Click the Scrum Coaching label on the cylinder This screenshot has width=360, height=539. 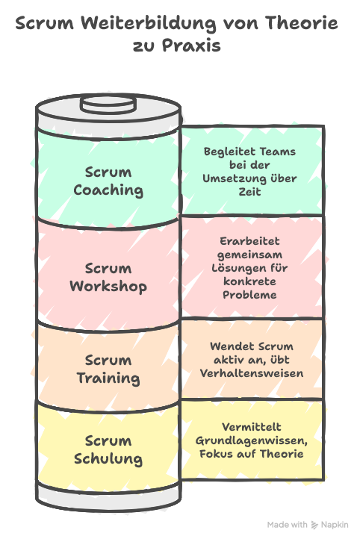pyautogui.click(x=108, y=181)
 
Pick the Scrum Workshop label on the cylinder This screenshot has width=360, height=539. pyautogui.click(x=108, y=277)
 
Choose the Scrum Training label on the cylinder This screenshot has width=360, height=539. pyautogui.click(x=108, y=370)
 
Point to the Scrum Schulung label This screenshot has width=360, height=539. pyautogui.click(x=108, y=449)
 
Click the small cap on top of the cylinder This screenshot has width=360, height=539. pyautogui.click(x=108, y=102)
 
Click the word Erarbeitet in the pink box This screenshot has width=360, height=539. pyautogui.click(x=249, y=241)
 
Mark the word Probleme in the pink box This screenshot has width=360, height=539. pyautogui.click(x=249, y=295)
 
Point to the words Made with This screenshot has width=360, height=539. pyautogui.click(x=287, y=525)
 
